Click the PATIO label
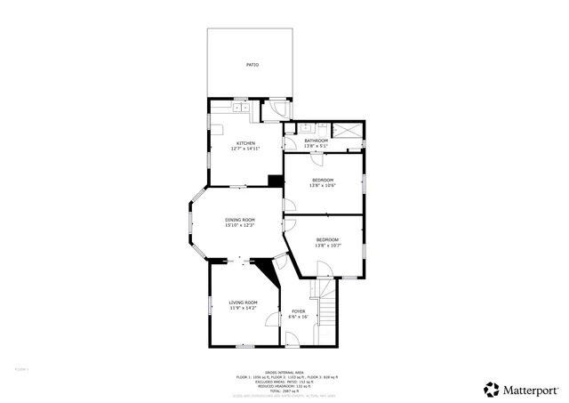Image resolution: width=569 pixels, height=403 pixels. click(x=252, y=65)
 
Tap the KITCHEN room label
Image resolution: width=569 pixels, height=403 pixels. click(x=245, y=143)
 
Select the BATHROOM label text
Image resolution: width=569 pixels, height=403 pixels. click(x=317, y=141)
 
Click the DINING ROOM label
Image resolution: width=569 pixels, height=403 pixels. click(x=240, y=220)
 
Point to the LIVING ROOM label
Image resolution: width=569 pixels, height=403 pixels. click(x=243, y=302)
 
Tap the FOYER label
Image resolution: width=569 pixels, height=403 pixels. click(x=299, y=311)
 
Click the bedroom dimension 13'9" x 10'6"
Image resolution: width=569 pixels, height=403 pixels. click(x=323, y=185)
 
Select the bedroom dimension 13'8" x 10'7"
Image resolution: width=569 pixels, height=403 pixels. click(x=327, y=246)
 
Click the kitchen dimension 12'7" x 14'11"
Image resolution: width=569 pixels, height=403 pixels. click(x=245, y=149)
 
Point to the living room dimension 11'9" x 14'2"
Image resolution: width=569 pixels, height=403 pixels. click(x=243, y=308)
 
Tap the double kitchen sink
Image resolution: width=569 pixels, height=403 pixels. click(x=240, y=108)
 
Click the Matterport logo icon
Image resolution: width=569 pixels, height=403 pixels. click(x=491, y=389)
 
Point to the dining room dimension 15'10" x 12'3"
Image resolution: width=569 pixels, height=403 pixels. click(x=240, y=225)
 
